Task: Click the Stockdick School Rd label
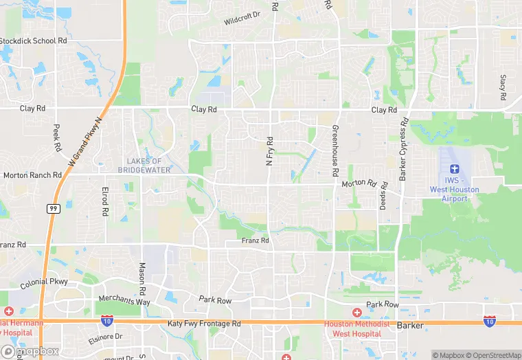point(34,41)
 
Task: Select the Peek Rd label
point(57,137)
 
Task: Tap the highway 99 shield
point(52,208)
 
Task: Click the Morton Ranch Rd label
point(32,175)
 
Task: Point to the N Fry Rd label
point(270,150)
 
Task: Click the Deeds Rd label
point(384,196)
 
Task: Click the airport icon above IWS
point(453,169)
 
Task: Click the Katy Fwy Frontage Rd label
point(203,323)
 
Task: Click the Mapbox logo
point(30,351)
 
